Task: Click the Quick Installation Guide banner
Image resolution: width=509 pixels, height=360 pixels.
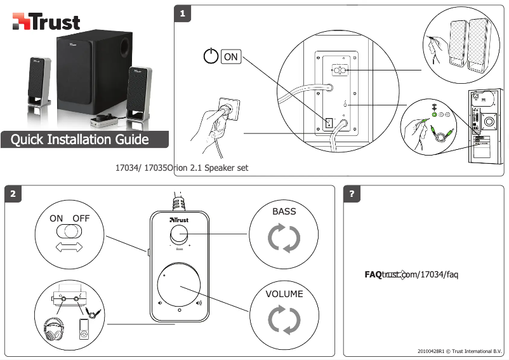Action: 84,140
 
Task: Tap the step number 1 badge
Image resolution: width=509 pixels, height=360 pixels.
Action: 183,14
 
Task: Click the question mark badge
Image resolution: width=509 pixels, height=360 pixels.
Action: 352,194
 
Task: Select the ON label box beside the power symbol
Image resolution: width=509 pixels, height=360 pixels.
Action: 231,57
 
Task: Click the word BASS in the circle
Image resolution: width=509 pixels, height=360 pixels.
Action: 284,211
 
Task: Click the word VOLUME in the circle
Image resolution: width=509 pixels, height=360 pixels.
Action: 284,294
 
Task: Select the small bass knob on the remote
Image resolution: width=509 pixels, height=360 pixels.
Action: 179,234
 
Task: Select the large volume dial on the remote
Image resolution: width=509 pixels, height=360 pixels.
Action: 179,284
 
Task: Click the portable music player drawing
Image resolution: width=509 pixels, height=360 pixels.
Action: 84,330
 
